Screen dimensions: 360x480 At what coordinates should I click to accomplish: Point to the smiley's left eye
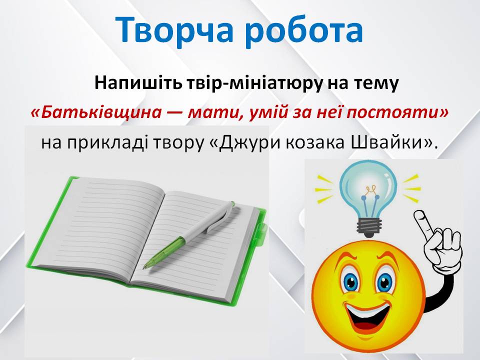tap(352, 283)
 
